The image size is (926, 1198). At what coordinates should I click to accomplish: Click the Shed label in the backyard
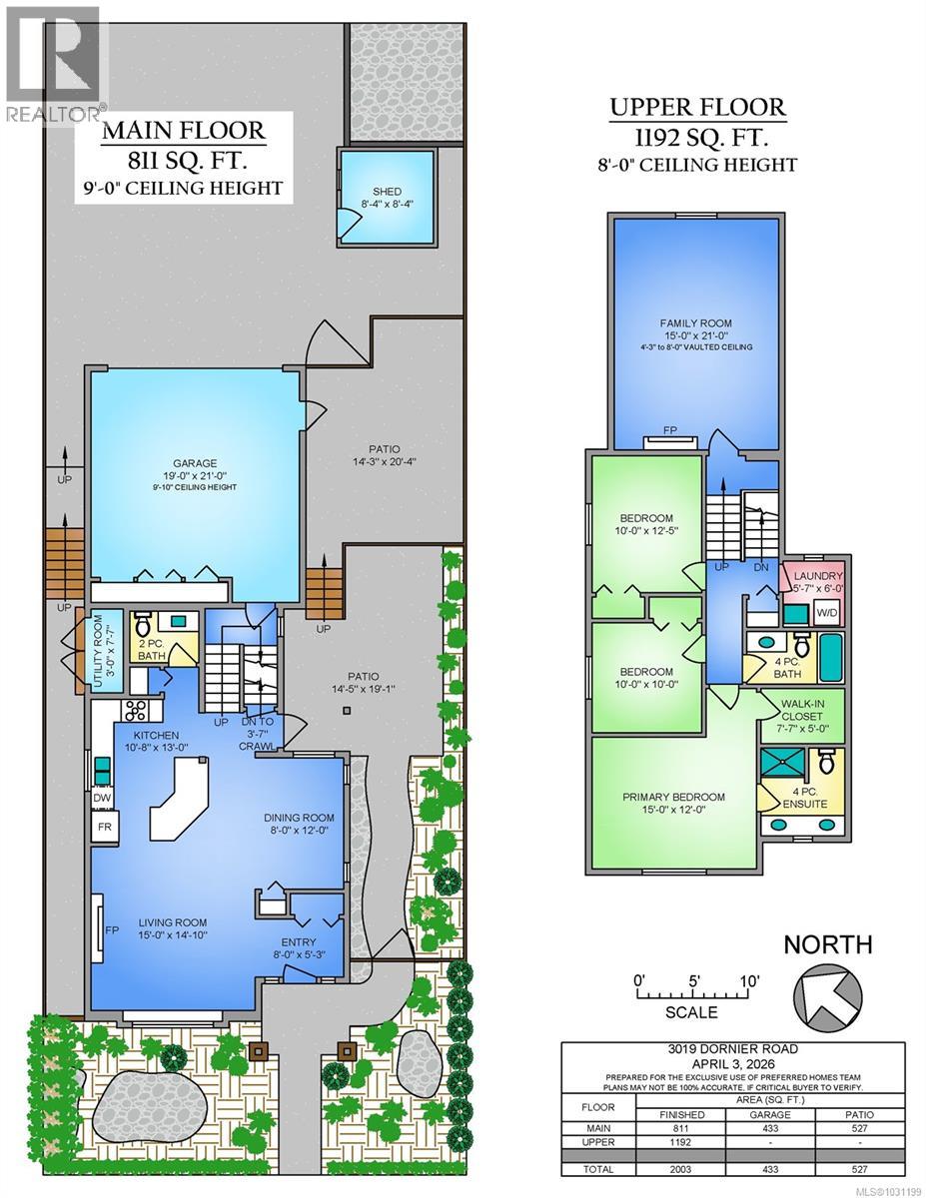[388, 196]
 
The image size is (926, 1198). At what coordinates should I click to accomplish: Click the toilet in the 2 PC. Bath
[142, 627]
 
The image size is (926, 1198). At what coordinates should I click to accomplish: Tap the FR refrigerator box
[103, 829]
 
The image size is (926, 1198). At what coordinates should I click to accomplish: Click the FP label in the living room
[111, 931]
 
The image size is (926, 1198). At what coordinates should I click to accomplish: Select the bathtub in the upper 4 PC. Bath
[829, 657]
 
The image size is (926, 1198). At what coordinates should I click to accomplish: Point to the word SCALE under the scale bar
[690, 1012]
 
